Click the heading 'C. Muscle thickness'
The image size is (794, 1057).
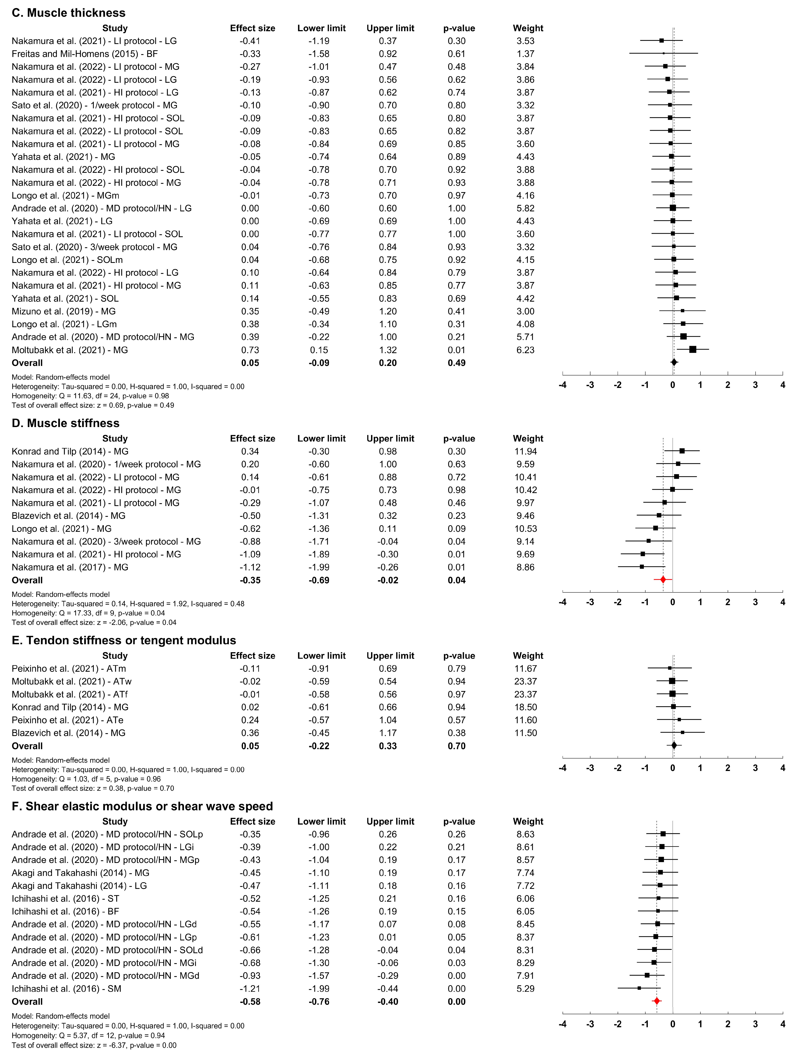(x=68, y=13)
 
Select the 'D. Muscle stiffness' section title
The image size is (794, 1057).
(x=65, y=423)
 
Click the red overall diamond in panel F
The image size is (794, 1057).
(x=657, y=1001)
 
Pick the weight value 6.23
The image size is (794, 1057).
(x=525, y=350)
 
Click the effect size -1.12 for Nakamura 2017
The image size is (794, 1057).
(x=250, y=567)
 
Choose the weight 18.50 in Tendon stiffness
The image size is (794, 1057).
(x=525, y=707)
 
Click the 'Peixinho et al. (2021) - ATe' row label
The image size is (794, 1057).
(x=67, y=720)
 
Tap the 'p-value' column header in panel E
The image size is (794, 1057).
(x=459, y=656)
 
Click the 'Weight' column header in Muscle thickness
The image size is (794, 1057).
(x=528, y=28)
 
